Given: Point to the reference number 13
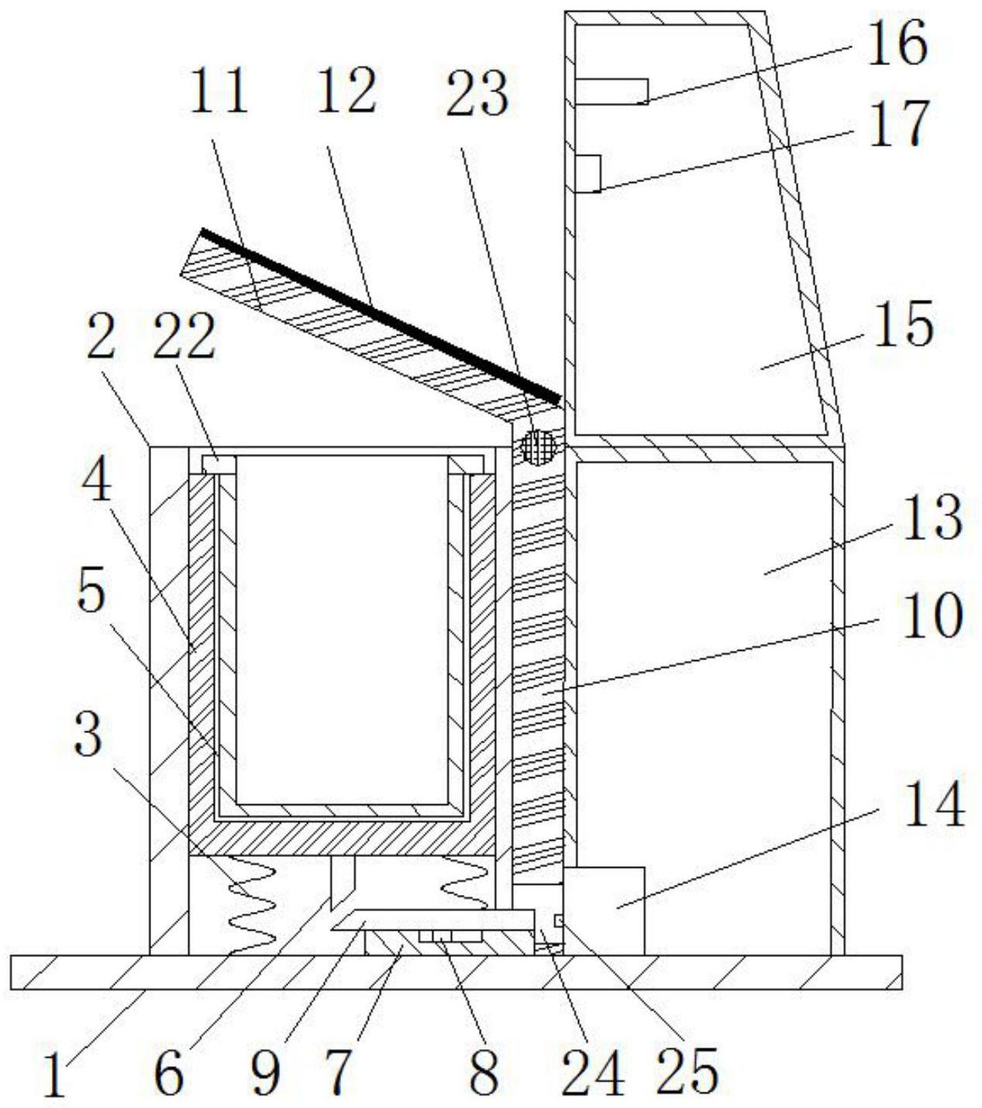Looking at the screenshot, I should (931, 518).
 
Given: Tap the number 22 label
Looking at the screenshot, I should (184, 338).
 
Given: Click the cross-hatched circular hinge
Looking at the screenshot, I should (539, 447).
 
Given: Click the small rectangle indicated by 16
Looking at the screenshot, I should (611, 91).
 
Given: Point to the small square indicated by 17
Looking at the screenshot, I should (588, 173).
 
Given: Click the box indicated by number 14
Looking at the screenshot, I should (604, 910).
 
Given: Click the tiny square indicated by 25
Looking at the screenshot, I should (559, 920).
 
